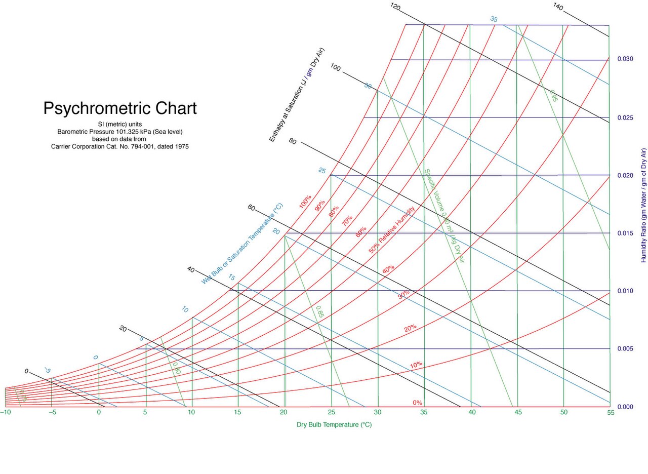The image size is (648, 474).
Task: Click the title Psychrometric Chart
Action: pyautogui.click(x=120, y=108)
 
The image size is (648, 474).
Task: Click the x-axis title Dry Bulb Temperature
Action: pyautogui.click(x=334, y=425)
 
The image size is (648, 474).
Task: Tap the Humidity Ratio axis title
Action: pyautogui.click(x=644, y=205)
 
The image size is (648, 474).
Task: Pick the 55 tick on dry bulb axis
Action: pyautogui.click(x=611, y=413)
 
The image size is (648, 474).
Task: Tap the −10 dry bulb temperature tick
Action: pyautogui.click(x=6, y=413)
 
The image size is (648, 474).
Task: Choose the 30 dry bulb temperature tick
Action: pyautogui.click(x=377, y=413)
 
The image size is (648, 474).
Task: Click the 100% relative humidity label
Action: pyautogui.click(x=305, y=202)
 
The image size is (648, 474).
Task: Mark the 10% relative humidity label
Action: pyautogui.click(x=416, y=365)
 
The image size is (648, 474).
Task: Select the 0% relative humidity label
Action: pyautogui.click(x=417, y=403)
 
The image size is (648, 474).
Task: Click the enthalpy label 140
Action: pyautogui.click(x=558, y=6)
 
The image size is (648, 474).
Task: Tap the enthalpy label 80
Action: pyautogui.click(x=292, y=141)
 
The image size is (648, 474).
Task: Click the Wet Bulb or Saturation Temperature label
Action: pyautogui.click(x=242, y=244)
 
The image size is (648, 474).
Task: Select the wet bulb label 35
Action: pyautogui.click(x=494, y=19)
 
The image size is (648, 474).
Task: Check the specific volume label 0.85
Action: pyautogui.click(x=319, y=311)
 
